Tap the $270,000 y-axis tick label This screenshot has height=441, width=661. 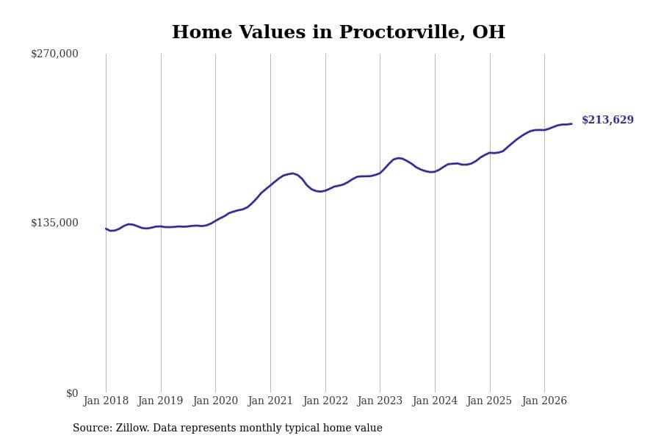click(54, 54)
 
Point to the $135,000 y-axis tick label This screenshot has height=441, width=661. click(54, 223)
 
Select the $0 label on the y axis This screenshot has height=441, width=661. click(72, 393)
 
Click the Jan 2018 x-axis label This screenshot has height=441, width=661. click(106, 401)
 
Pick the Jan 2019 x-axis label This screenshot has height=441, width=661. click(161, 401)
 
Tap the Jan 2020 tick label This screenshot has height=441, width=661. click(215, 401)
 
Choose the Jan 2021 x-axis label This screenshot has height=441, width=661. click(270, 401)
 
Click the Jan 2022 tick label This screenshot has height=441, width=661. click(325, 401)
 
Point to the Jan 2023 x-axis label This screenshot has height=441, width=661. click(380, 401)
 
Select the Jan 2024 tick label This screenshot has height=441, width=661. click(435, 401)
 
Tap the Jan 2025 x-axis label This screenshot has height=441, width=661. click(489, 401)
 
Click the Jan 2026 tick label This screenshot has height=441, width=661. click(544, 401)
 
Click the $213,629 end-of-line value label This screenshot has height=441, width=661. click(607, 120)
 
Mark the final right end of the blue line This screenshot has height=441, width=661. click(571, 123)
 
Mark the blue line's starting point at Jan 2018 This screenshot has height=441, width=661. click(106, 229)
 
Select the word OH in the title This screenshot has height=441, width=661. click(488, 32)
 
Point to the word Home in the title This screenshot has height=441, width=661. click(202, 32)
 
